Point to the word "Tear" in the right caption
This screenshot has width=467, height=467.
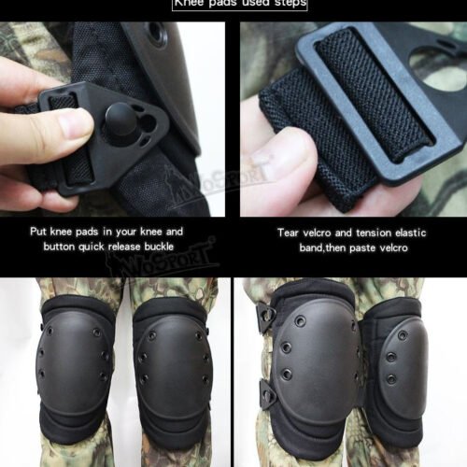pyautogui.click(x=288, y=231)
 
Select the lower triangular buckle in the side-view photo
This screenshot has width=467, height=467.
pyautogui.click(x=267, y=396)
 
